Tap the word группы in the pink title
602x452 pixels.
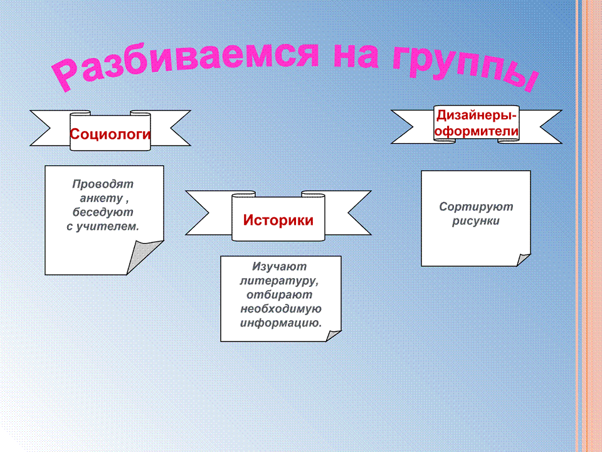465,66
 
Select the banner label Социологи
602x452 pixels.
110,134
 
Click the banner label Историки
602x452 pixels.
278,220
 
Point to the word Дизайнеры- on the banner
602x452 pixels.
477,116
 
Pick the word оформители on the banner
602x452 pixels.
477,131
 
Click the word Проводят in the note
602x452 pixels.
103,184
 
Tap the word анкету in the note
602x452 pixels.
101,198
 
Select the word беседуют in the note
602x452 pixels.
103,212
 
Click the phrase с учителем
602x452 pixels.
102,227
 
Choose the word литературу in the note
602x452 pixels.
278,281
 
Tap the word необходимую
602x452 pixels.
281,309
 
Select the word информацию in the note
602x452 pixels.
280,323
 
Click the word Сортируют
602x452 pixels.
476,207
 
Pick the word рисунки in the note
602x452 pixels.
476,221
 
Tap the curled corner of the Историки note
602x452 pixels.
332,335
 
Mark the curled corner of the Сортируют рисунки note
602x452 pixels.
522,259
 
